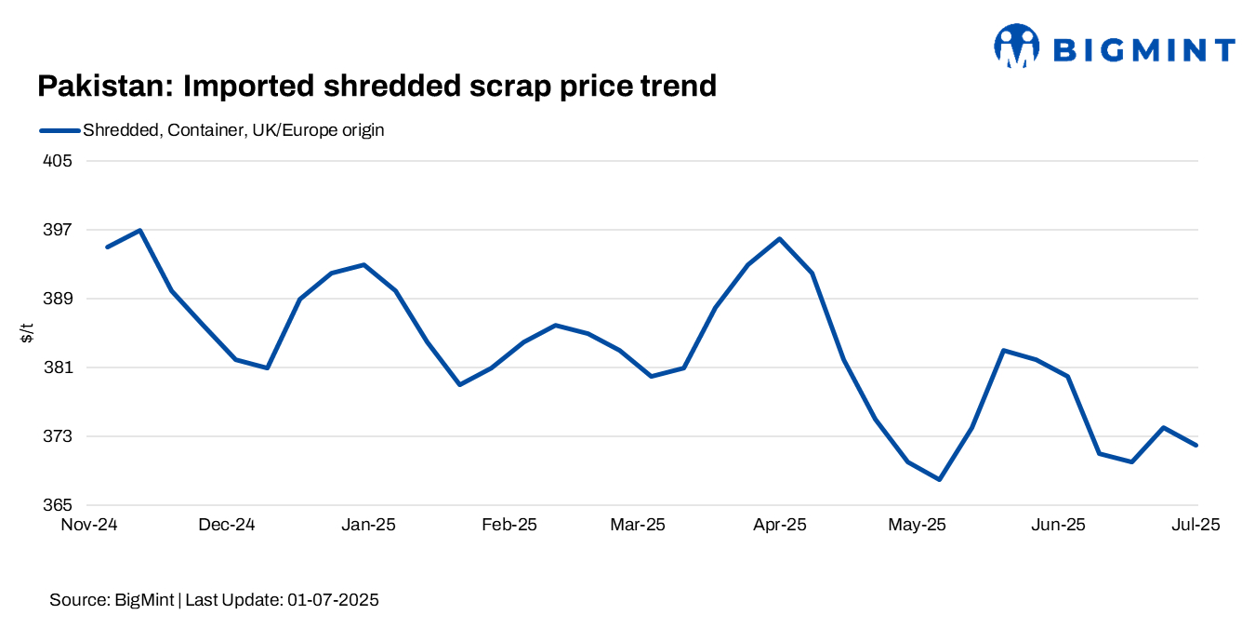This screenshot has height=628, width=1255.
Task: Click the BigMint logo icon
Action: (1016, 47)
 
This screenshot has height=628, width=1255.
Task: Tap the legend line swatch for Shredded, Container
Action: (59, 130)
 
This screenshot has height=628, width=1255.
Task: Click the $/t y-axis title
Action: (27, 333)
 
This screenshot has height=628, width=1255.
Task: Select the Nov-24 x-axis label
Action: (89, 525)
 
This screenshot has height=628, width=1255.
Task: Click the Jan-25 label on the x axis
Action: (368, 525)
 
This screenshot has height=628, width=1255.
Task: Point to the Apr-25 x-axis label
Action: (779, 525)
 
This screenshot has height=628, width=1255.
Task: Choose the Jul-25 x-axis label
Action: (1196, 525)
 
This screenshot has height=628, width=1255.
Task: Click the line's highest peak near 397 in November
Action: (139, 230)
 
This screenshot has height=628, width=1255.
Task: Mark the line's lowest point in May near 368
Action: (940, 479)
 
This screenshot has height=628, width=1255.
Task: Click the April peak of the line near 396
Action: (779, 239)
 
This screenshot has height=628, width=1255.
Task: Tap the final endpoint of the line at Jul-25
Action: (1196, 445)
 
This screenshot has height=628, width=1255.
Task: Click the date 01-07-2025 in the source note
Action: (333, 600)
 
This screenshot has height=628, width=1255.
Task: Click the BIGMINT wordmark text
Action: (1143, 49)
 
